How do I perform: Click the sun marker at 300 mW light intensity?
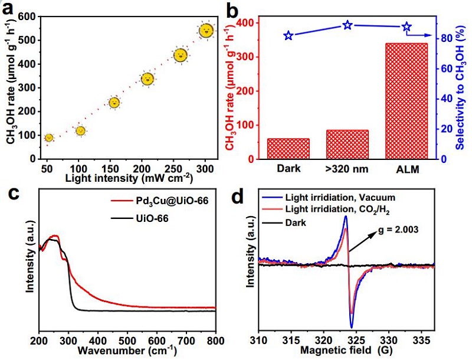(x=206, y=31)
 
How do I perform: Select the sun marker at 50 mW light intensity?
(x=49, y=138)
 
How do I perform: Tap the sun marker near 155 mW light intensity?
(x=114, y=103)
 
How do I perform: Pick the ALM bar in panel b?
(x=406, y=101)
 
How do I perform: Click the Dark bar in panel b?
(x=289, y=149)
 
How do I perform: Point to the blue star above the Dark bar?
(x=289, y=36)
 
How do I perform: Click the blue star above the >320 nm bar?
(x=348, y=25)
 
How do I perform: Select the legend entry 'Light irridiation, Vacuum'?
(x=340, y=197)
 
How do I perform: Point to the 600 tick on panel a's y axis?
(x=27, y=17)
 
